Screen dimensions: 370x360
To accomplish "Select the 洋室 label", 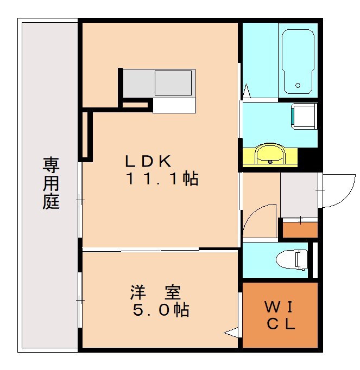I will tap(155, 293).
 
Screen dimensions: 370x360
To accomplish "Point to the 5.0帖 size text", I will tap(161, 310).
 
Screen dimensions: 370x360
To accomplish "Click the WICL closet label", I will tap(279, 316).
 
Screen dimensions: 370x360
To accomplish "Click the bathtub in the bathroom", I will tap(298, 60).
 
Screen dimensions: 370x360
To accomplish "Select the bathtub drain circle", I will tap(298, 85).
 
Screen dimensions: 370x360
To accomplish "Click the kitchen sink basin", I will tap(174, 82).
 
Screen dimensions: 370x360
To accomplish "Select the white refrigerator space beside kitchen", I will tap(173, 105).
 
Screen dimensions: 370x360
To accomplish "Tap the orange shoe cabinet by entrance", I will tap(300, 228).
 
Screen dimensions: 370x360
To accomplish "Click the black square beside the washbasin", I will tap(309, 158).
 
